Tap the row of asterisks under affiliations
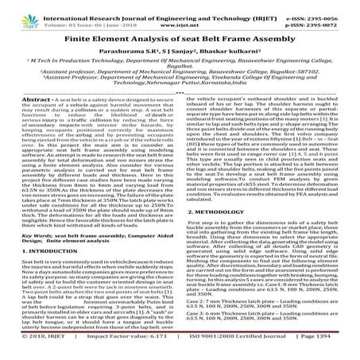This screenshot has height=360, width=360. pyautogui.click(x=180, y=104)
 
